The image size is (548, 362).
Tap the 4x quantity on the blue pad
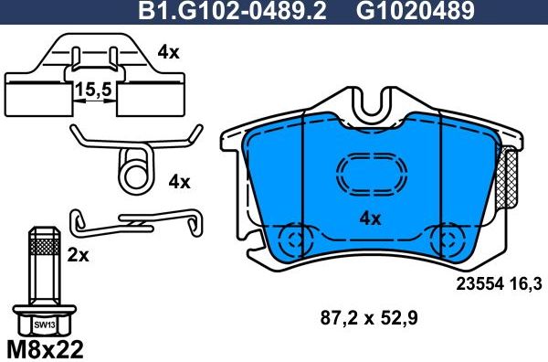[370, 218]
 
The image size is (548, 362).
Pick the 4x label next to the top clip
[168, 53]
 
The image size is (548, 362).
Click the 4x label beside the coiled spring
[179, 181]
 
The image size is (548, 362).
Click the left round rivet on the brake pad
[294, 242]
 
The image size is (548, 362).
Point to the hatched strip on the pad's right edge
[511, 183]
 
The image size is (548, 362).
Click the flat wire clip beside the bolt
[137, 220]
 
